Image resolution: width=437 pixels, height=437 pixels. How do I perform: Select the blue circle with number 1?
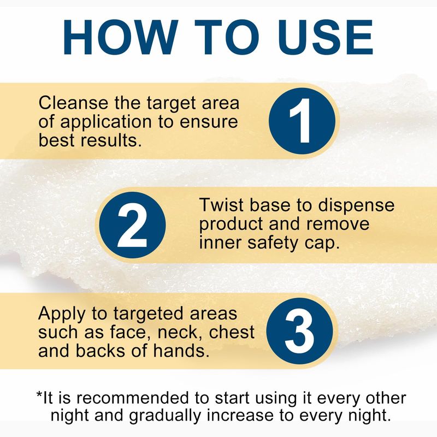point(302,121)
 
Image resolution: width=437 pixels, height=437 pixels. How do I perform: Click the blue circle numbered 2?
point(132,225)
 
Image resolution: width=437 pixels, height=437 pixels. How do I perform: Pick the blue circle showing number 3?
point(299,331)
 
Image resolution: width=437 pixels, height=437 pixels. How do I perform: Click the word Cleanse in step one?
point(74,103)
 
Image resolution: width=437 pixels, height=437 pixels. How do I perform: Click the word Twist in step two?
point(222,205)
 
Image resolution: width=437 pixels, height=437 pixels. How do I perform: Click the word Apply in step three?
point(62,314)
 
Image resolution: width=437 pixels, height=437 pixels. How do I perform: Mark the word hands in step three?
point(181,350)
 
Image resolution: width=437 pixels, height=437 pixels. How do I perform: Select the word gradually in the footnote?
point(165,416)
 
